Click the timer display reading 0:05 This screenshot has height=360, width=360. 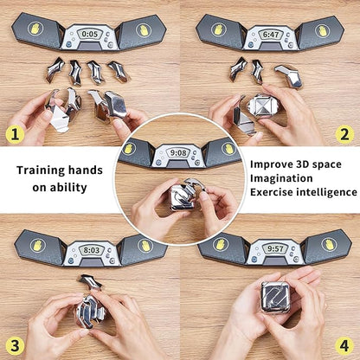coord(90,34)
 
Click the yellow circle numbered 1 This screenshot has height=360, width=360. coord(13,134)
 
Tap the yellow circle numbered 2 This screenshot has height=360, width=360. coord(344,134)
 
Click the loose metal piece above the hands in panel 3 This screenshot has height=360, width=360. coord(89,281)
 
